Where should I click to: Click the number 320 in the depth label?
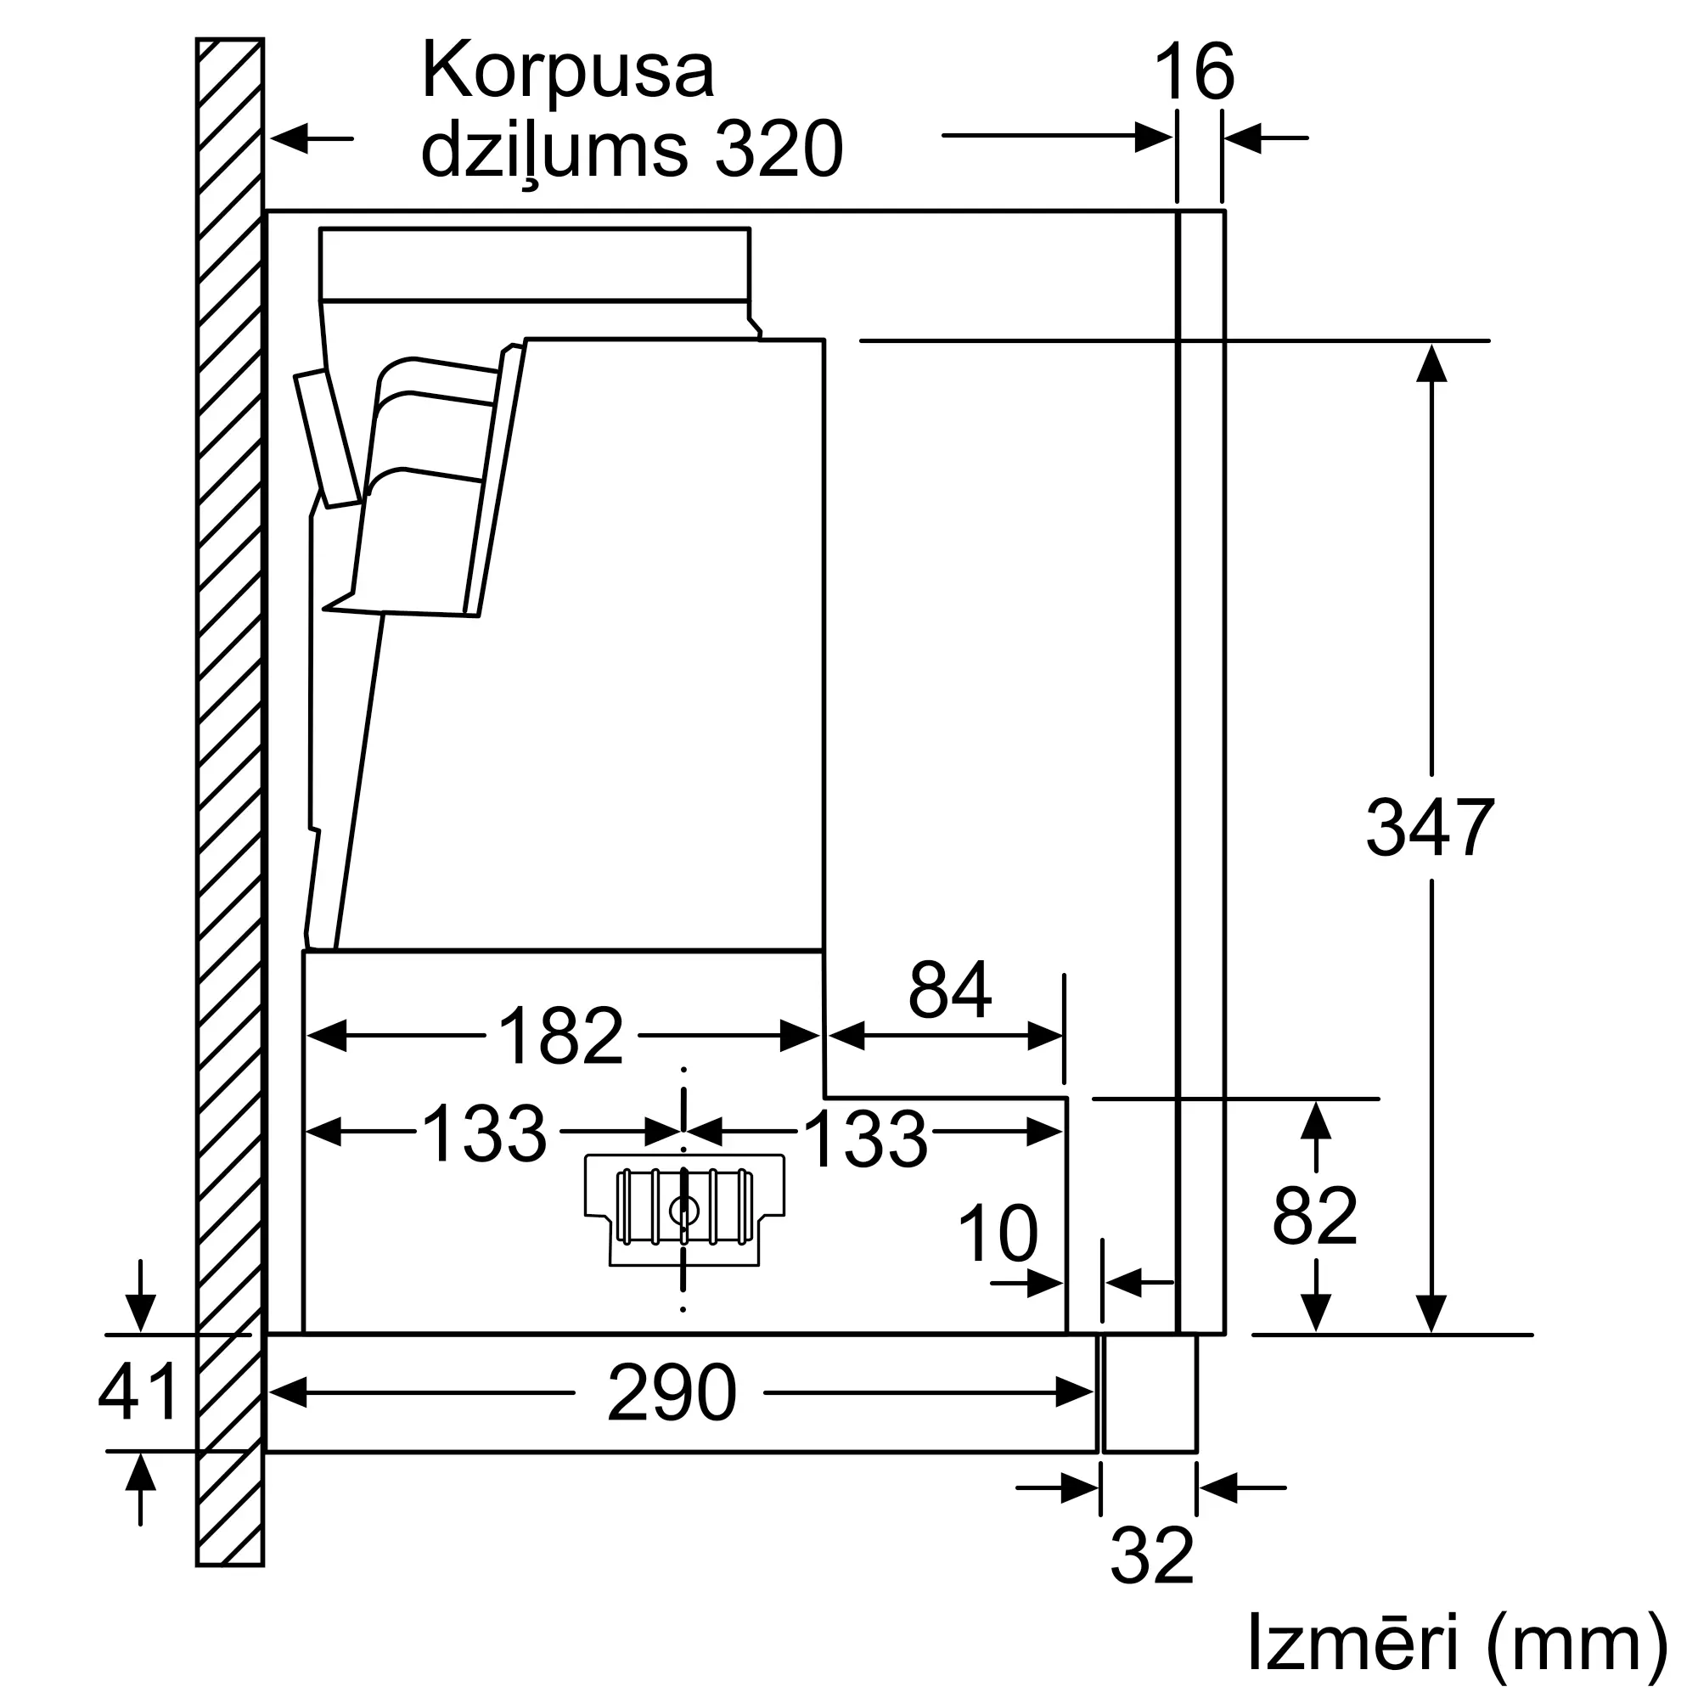pos(779,150)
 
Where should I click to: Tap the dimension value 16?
pos(1194,74)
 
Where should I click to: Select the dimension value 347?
pos(1430,828)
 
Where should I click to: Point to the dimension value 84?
pos(950,991)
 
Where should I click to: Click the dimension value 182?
pos(560,1036)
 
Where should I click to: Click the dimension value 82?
pos(1315,1217)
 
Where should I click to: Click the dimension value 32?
pos(1151,1556)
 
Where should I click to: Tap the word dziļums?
pos(554,150)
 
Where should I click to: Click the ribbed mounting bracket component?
pos(684,1209)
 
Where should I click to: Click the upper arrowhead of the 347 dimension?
pos(1431,363)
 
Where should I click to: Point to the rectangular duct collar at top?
pos(534,264)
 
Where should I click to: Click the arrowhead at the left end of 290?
pos(289,1393)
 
